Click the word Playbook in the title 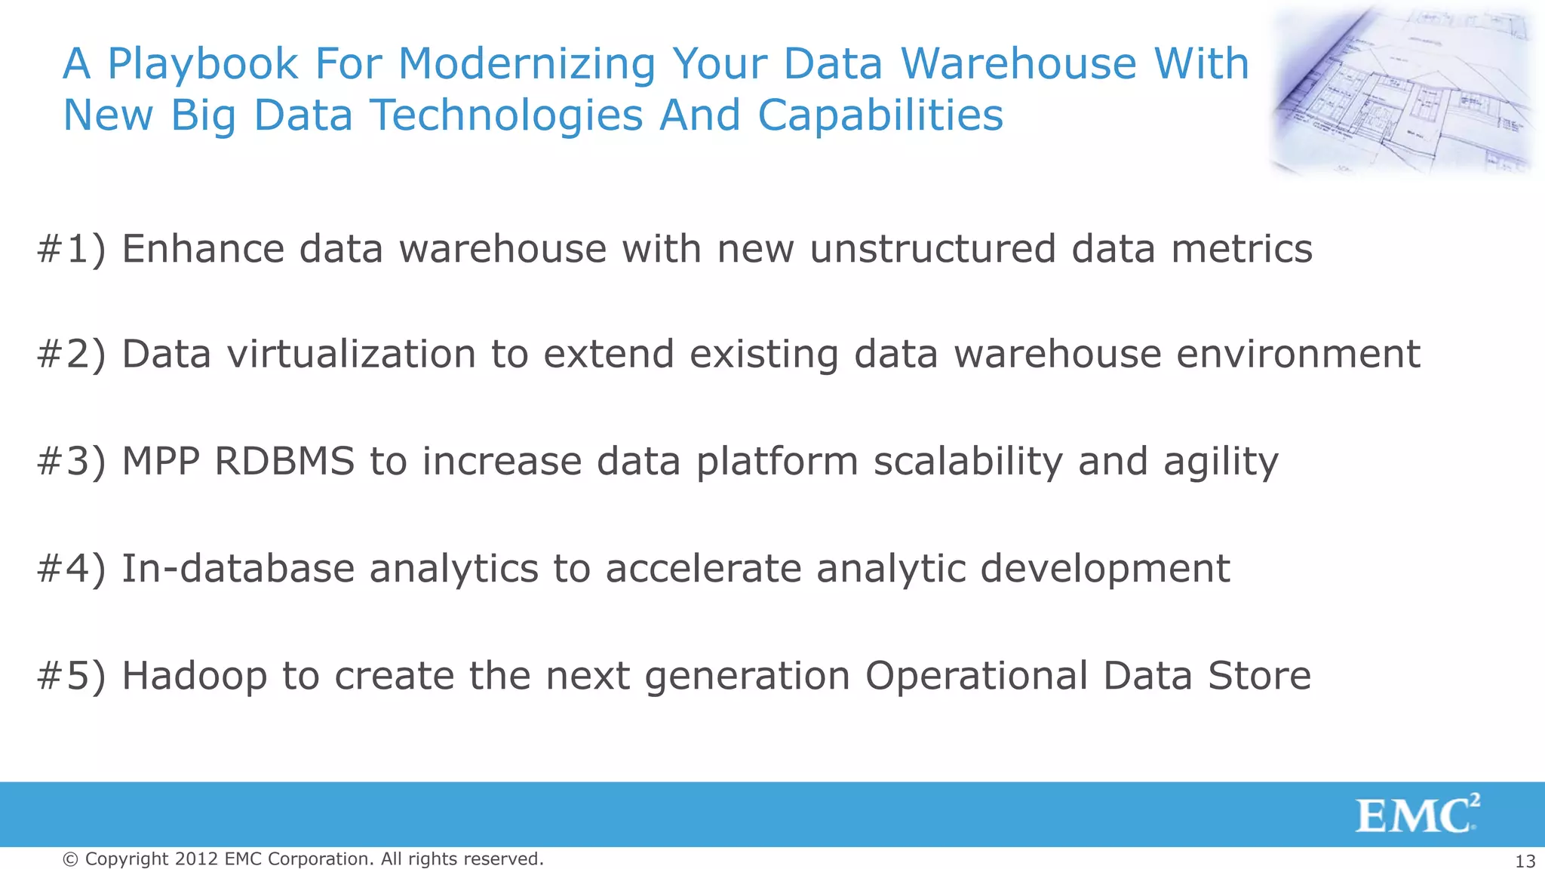coord(203,64)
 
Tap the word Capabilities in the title coord(880,116)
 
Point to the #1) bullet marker coord(72,249)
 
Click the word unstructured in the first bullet coord(932,249)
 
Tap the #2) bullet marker coord(72,355)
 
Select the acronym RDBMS coord(284,462)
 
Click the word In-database coord(238,568)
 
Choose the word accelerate coord(703,568)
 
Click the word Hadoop coord(194,676)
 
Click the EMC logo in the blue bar coord(1417,815)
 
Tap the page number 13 coord(1525,861)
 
